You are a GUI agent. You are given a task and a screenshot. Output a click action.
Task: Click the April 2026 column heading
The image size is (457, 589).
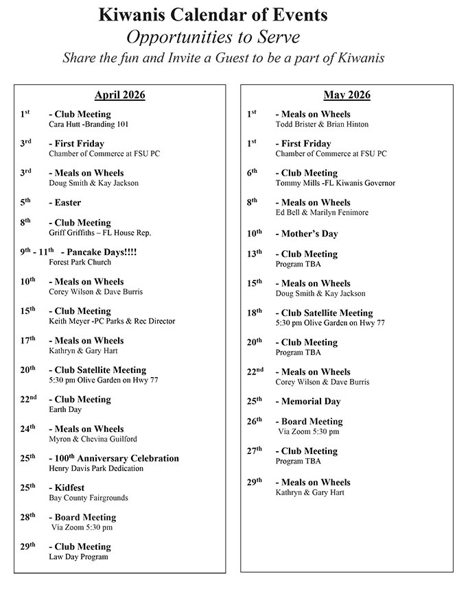120,95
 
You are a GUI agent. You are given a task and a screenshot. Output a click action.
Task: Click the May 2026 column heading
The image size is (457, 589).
347,95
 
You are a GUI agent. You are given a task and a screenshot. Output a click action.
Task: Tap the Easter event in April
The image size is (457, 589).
65,203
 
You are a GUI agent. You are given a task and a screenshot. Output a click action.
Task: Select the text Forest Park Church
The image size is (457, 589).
80,263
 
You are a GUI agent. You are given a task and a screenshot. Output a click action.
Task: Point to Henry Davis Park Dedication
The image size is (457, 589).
96,468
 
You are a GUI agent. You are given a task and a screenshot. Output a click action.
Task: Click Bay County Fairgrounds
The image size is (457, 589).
89,498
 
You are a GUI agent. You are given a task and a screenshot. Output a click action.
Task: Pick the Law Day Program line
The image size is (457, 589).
78,557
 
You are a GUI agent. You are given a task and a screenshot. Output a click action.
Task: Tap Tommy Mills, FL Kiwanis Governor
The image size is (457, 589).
335,183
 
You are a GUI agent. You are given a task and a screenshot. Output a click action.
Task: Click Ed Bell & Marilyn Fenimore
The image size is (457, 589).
322,213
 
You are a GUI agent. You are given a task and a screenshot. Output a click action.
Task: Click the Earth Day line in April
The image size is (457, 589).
65,409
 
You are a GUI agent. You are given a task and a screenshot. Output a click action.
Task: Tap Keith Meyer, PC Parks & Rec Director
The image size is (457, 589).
112,321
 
